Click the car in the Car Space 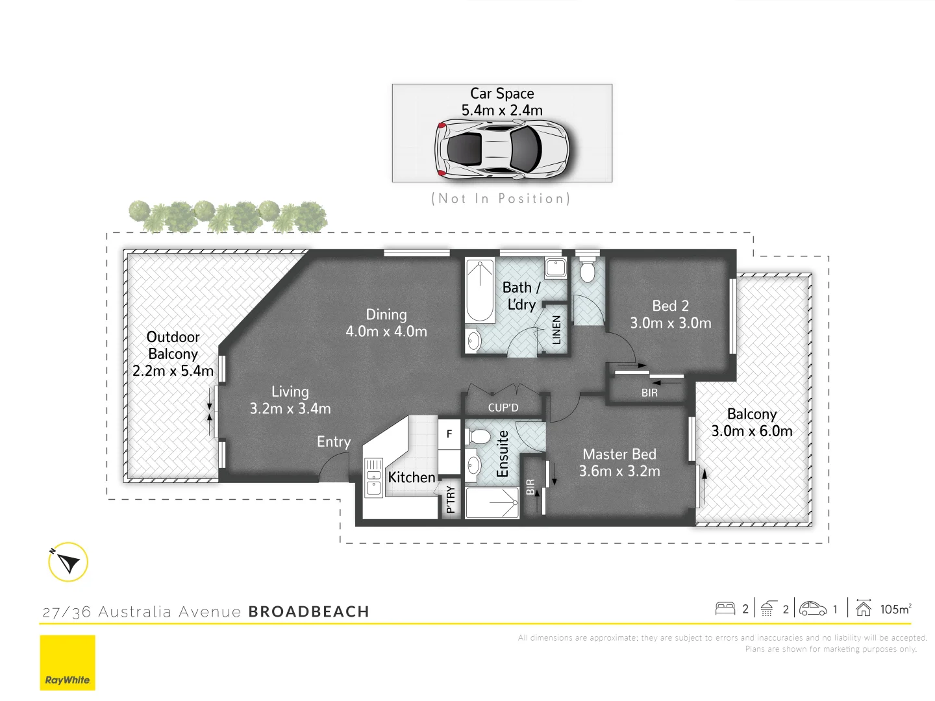pyautogui.click(x=501, y=149)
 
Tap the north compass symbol pyautogui.click(x=68, y=562)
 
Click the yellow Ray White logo pyautogui.click(x=68, y=662)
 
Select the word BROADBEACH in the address pyautogui.click(x=308, y=611)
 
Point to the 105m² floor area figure pyautogui.click(x=895, y=609)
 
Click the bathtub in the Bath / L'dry pyautogui.click(x=480, y=291)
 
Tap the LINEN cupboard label pyautogui.click(x=556, y=330)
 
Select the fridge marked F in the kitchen pyautogui.click(x=449, y=434)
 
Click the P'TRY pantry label pyautogui.click(x=451, y=500)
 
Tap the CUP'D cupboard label pyautogui.click(x=503, y=408)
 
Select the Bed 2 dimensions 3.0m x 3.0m pyautogui.click(x=671, y=323)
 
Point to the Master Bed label pyautogui.click(x=619, y=454)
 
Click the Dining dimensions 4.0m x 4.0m pyautogui.click(x=386, y=332)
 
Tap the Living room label pyautogui.click(x=290, y=391)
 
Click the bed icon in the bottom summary pyautogui.click(x=725, y=609)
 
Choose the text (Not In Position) pyautogui.click(x=501, y=199)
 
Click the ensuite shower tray pyautogui.click(x=492, y=503)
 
